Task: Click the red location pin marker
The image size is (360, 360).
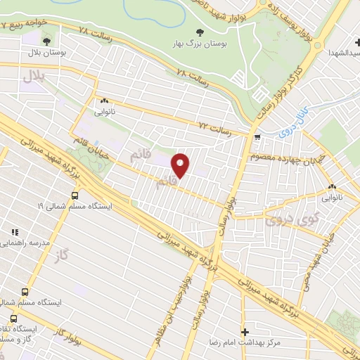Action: (181, 166)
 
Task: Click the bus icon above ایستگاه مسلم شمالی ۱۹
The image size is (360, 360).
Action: (75, 196)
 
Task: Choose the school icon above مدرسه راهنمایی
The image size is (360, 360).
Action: (13, 232)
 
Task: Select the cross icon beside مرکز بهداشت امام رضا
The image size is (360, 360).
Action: (245, 331)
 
